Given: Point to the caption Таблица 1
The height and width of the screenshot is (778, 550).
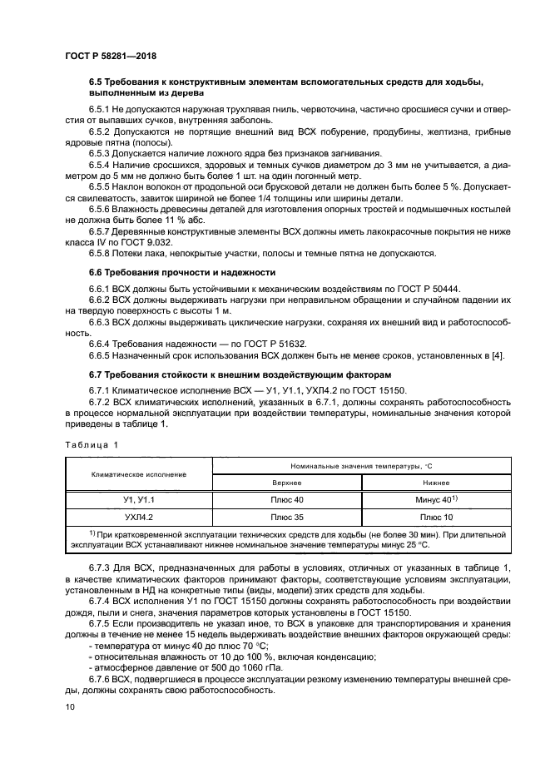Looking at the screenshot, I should [x=91, y=444].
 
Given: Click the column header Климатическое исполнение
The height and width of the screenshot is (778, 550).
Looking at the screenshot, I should [x=138, y=474].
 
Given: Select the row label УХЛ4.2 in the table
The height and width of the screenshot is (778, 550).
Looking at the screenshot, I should [x=138, y=516].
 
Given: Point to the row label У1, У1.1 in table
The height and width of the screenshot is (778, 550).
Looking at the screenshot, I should [x=138, y=499].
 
